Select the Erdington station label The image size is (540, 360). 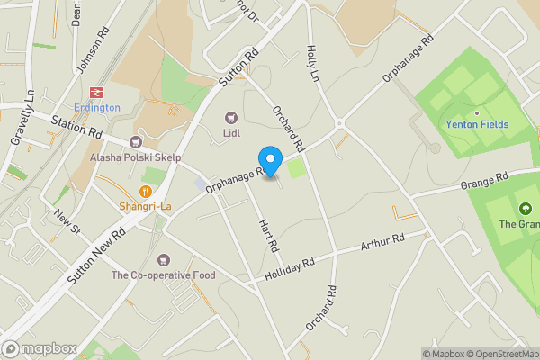point(97,108)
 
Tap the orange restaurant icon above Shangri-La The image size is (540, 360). point(145,191)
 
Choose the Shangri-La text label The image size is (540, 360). point(145,206)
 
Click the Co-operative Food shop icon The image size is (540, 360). point(163,259)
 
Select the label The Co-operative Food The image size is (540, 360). point(163,274)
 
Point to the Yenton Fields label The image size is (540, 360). point(477,124)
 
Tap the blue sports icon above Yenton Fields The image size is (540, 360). point(477,109)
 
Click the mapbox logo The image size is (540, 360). point(39,348)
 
